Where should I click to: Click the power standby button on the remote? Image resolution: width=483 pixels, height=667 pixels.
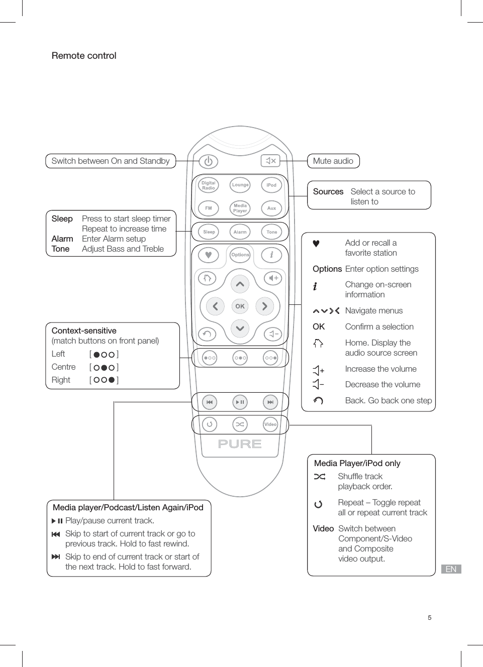point(209,161)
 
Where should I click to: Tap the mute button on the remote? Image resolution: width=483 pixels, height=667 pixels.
point(270,161)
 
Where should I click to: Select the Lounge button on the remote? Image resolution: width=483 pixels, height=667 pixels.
point(240,185)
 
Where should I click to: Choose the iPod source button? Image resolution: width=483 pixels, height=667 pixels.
point(271,185)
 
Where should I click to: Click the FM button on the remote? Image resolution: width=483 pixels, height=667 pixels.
point(209,208)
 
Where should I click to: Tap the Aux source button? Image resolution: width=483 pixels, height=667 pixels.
point(271,208)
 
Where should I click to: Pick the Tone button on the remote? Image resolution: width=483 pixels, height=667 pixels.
point(271,232)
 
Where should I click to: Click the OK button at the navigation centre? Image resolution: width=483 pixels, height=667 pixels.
point(240,306)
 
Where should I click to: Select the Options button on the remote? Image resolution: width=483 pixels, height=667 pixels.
point(240,255)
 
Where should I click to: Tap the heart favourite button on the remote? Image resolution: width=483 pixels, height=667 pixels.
point(209,255)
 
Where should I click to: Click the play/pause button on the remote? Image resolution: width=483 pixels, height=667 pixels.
point(240,402)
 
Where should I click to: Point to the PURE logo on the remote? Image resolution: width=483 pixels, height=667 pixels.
point(240,444)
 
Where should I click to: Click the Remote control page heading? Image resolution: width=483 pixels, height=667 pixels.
point(84,56)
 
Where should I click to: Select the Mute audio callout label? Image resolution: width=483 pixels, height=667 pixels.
point(333,161)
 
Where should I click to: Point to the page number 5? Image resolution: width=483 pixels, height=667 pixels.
point(430,618)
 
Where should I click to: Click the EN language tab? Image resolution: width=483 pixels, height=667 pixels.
point(451,569)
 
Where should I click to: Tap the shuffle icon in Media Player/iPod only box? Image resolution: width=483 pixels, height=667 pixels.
point(320,477)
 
